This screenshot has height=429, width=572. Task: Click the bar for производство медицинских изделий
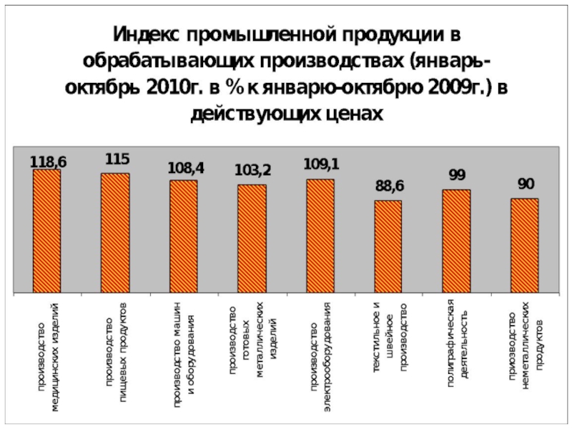click(x=47, y=230)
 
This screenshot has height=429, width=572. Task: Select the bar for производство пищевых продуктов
click(x=115, y=232)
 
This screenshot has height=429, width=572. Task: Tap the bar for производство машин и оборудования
click(x=184, y=236)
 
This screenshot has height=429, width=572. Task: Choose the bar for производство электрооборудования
click(x=320, y=235)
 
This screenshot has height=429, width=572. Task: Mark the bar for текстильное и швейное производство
click(x=388, y=246)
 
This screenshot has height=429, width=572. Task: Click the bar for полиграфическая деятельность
click(x=456, y=241)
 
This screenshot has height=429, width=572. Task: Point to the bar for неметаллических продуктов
click(x=524, y=245)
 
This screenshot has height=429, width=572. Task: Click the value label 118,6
click(x=48, y=162)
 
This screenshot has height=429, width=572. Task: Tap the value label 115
click(x=117, y=158)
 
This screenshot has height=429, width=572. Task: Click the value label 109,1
click(x=321, y=164)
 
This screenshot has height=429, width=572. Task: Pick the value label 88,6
click(x=390, y=186)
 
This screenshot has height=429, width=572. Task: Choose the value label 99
click(x=457, y=174)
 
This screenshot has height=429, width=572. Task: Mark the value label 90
click(x=526, y=184)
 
